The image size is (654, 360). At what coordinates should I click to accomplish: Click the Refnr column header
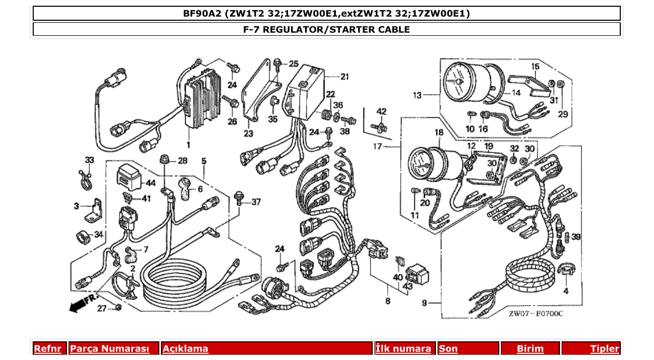(47, 349)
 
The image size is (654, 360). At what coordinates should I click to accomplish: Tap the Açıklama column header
(185, 349)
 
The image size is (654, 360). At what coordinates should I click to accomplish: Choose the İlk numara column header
(403, 349)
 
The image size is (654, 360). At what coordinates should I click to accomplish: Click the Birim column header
(530, 349)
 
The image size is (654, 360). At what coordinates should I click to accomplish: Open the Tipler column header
(605, 349)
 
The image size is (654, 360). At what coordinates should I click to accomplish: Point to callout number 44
(151, 183)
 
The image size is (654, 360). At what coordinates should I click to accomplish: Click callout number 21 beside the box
(345, 77)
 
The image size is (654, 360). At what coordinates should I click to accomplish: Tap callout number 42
(382, 112)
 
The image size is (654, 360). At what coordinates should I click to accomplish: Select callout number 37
(256, 202)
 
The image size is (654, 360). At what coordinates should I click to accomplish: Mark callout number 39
(576, 237)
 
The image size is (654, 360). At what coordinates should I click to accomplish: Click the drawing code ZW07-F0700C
(536, 313)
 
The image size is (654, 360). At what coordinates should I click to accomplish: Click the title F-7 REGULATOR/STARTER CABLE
(326, 30)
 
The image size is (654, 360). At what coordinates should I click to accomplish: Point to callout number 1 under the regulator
(188, 144)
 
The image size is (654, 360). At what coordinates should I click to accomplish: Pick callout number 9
(424, 303)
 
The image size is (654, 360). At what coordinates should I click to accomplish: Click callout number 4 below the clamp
(566, 291)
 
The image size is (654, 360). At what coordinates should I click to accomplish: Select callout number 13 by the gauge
(417, 95)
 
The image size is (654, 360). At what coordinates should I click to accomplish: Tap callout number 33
(90, 160)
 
